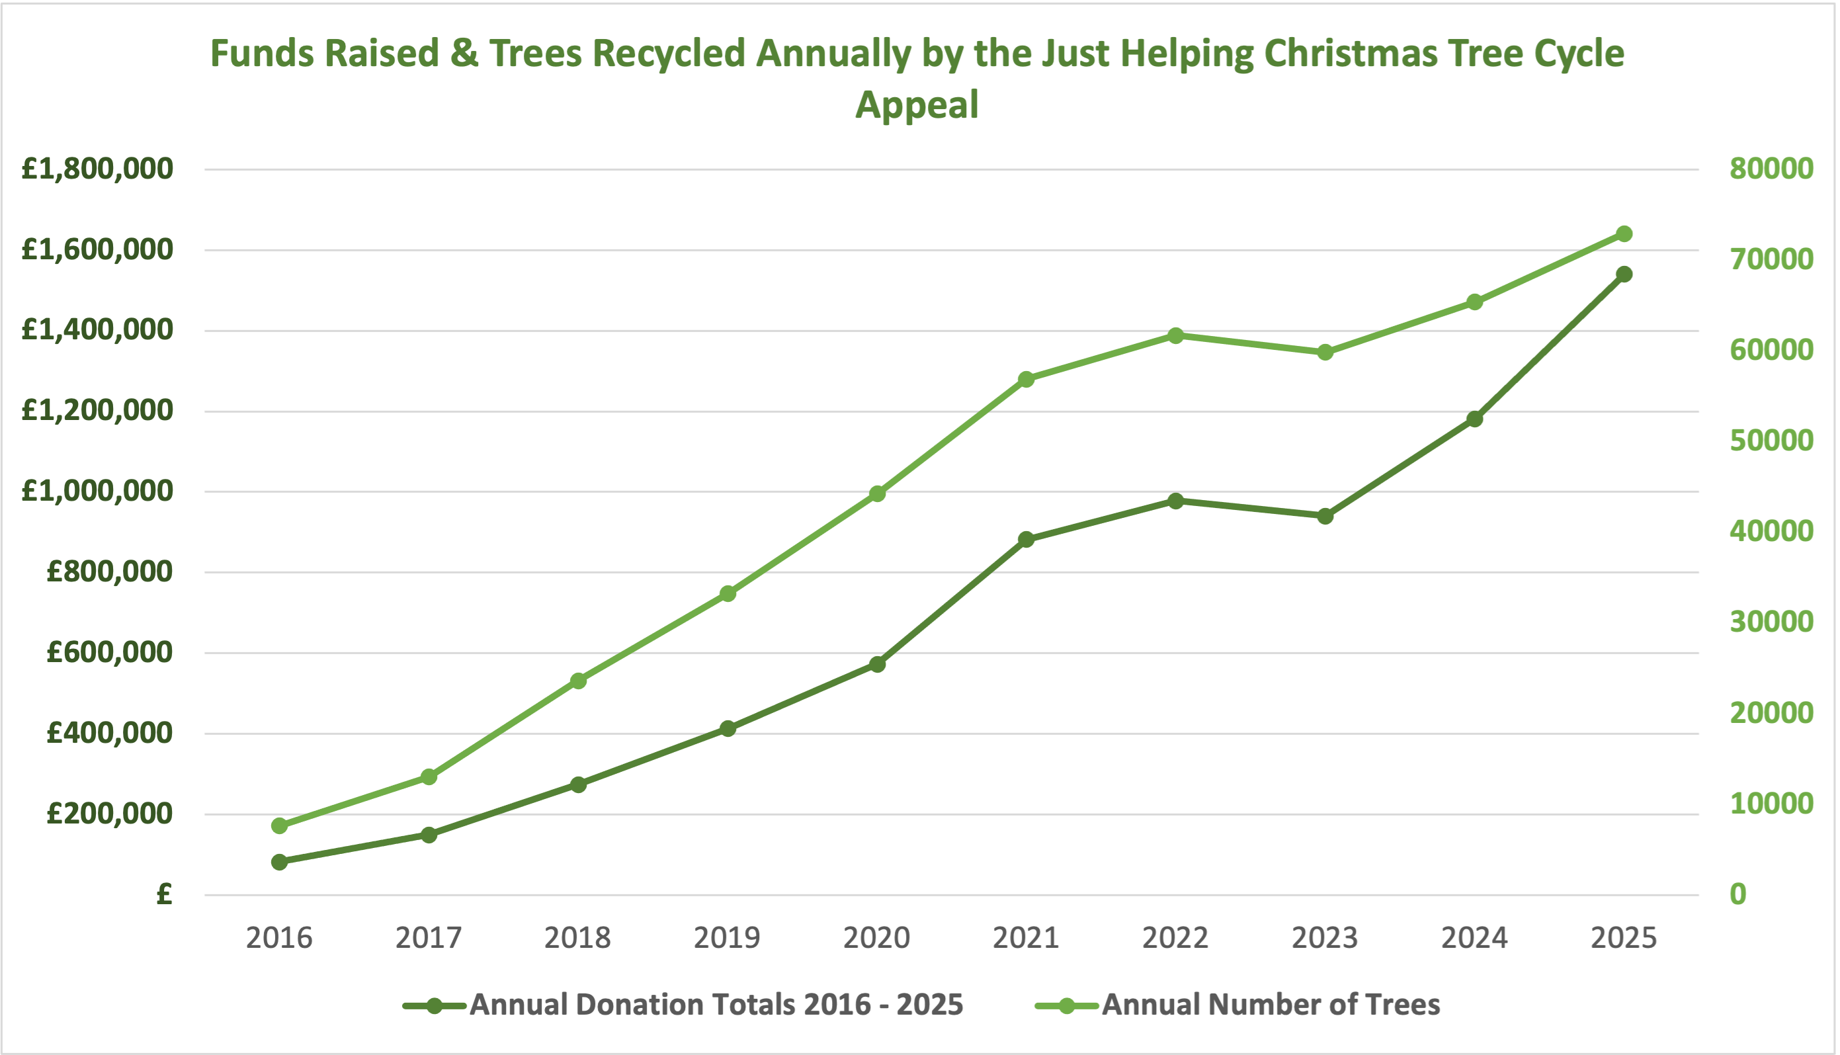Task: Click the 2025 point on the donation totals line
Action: pyautogui.click(x=1624, y=274)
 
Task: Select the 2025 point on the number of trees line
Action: pyautogui.click(x=1624, y=234)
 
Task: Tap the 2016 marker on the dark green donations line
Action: pyautogui.click(x=280, y=862)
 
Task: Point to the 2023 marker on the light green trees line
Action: pyautogui.click(x=1325, y=353)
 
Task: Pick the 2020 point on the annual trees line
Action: pyautogui.click(x=877, y=494)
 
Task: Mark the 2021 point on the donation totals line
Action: pyautogui.click(x=1026, y=539)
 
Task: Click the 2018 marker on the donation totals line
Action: pyautogui.click(x=578, y=784)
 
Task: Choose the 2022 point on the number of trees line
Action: pyautogui.click(x=1176, y=335)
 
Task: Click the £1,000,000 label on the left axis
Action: pyautogui.click(x=98, y=491)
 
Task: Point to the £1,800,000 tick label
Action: pyautogui.click(x=98, y=169)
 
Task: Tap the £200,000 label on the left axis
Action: pyautogui.click(x=110, y=814)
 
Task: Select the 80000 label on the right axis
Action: pyautogui.click(x=1771, y=169)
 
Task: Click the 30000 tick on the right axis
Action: pyautogui.click(x=1771, y=622)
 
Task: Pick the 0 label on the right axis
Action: pyautogui.click(x=1738, y=894)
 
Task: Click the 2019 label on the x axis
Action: pyautogui.click(x=728, y=939)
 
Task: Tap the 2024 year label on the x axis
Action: pyautogui.click(x=1474, y=939)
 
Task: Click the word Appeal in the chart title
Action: pyautogui.click(x=917, y=105)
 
